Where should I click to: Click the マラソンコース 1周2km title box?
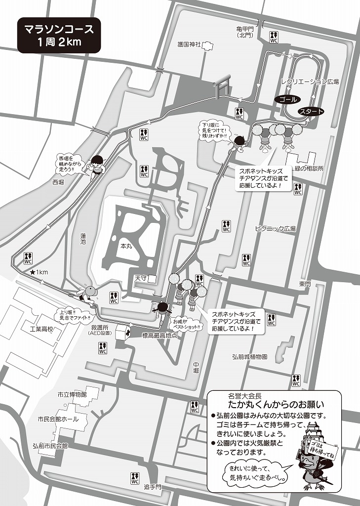pos(59,35)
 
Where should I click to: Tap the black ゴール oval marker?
pos(288,99)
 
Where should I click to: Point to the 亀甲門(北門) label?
pos(244,32)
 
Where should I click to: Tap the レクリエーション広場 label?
pos(310,82)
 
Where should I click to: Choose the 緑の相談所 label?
pos(309,169)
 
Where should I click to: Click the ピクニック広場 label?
pos(275,228)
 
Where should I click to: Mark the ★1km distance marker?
pos(39,272)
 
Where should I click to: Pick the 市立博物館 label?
pos(72,395)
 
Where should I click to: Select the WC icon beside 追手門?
pos(135,478)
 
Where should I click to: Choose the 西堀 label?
pos(58,182)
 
